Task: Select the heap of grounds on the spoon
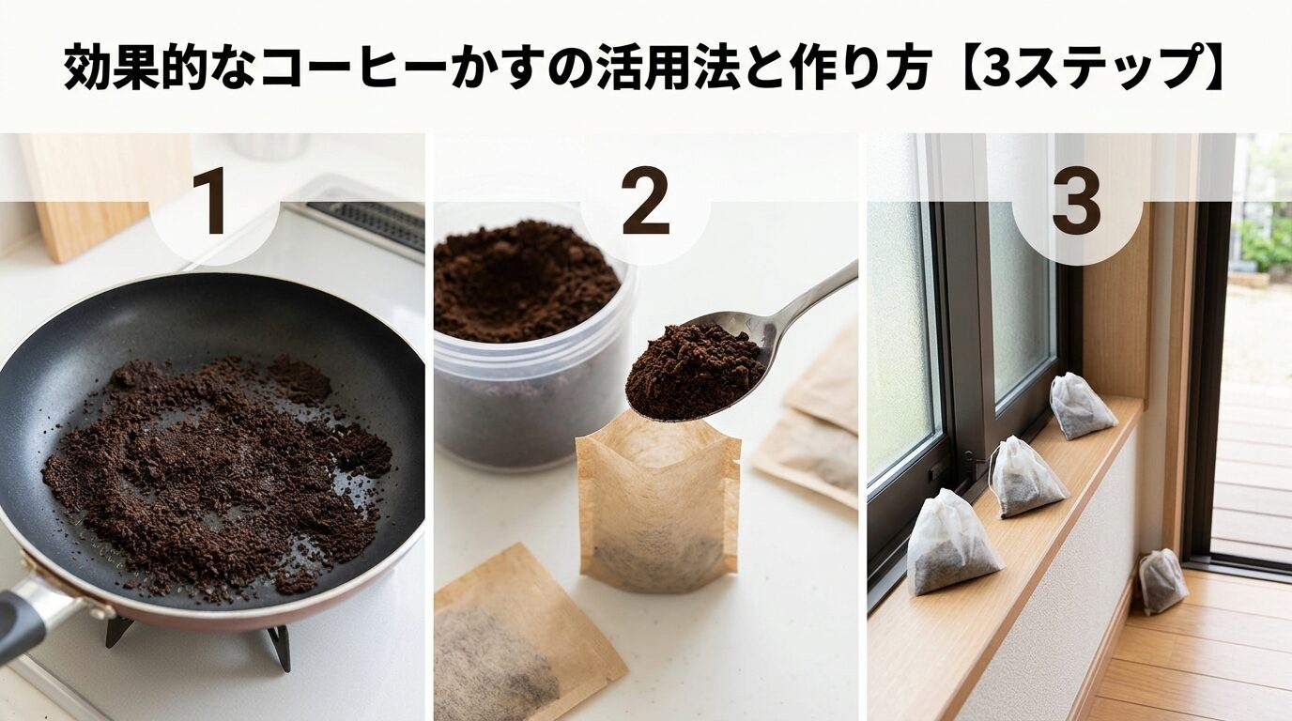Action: click(x=693, y=371)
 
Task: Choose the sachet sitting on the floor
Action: click(x=1162, y=581)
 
